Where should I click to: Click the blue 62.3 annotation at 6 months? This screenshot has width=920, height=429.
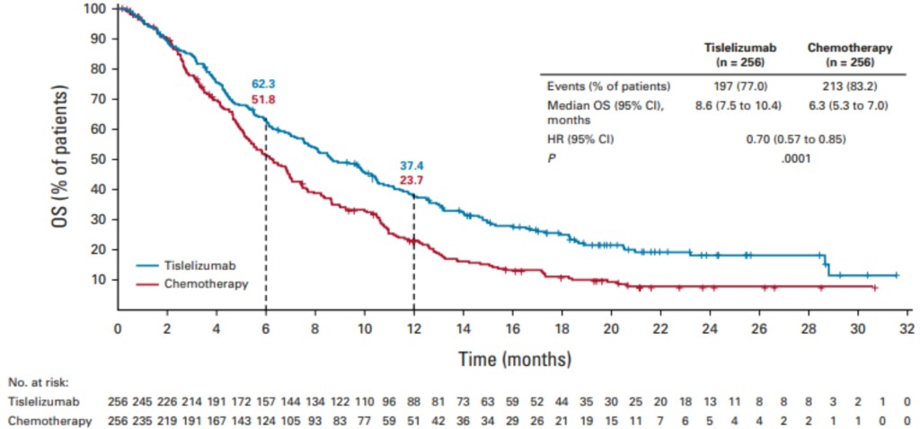[x=263, y=85]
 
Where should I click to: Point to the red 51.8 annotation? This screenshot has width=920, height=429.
[x=263, y=99]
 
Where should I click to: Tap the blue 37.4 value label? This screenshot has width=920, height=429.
[x=411, y=166]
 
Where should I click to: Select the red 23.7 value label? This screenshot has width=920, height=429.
[x=411, y=181]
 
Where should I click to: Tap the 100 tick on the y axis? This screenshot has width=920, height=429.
[x=97, y=9]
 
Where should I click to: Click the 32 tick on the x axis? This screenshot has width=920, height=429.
[x=907, y=328]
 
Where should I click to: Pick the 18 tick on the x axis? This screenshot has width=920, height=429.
[x=562, y=328]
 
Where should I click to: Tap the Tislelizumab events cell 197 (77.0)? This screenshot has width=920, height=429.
[x=739, y=86]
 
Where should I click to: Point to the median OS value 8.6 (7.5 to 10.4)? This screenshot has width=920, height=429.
[x=739, y=105]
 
